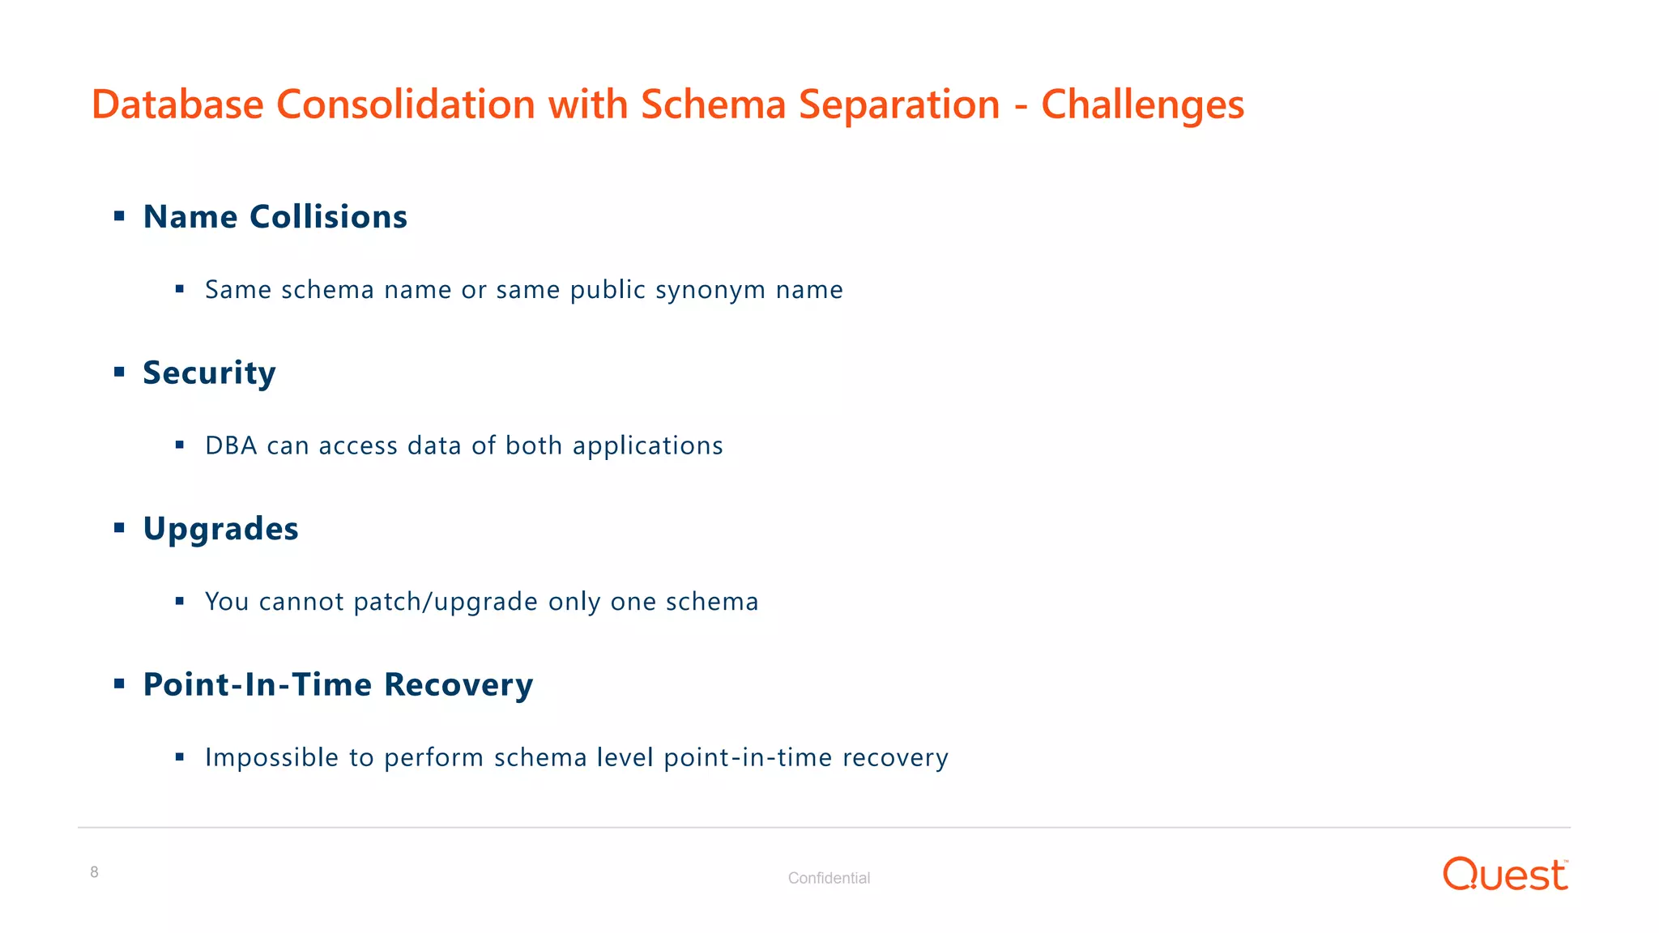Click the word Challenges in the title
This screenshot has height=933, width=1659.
[x=1142, y=104]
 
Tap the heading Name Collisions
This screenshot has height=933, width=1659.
[x=275, y=217]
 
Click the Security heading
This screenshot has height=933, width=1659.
[x=209, y=373]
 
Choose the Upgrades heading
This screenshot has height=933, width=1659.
[x=220, y=529]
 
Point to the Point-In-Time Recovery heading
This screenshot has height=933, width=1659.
[x=338, y=684]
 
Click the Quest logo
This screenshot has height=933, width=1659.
[x=1505, y=875]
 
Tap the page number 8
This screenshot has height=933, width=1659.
[x=95, y=872]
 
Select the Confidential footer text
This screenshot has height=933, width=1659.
[x=829, y=878]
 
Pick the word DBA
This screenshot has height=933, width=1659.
[x=231, y=445]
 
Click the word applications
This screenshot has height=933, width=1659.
[x=647, y=445]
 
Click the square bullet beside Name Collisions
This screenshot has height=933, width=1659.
[x=119, y=216]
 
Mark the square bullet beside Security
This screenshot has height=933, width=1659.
[x=119, y=373]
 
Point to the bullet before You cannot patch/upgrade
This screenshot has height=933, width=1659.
[x=180, y=601]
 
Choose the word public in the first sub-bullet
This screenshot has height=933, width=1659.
[x=608, y=290]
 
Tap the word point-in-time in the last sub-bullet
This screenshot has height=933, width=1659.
[x=748, y=757]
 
